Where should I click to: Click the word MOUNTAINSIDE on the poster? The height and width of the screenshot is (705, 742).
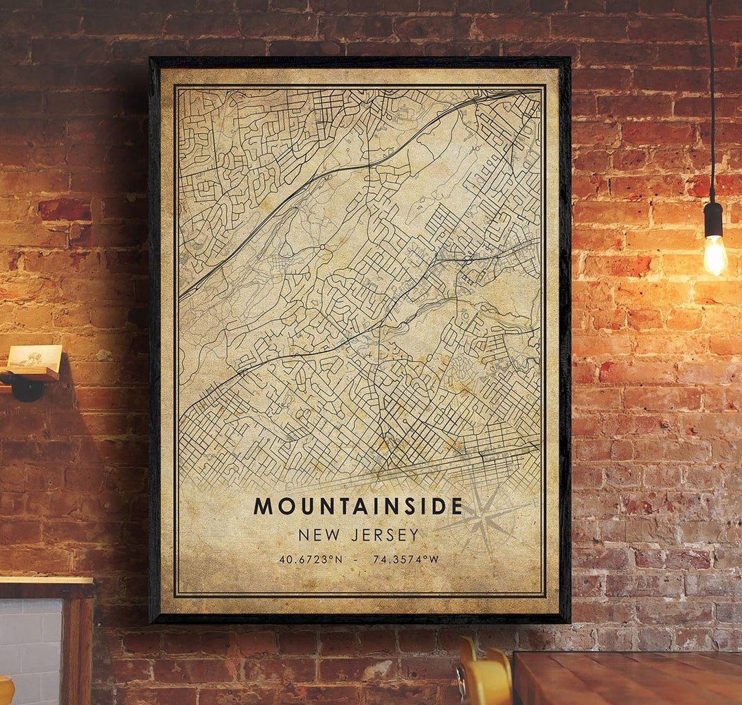(x=358, y=506)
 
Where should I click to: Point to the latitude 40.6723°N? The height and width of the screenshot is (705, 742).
(x=311, y=559)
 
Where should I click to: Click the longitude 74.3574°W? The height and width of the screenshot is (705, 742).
(x=405, y=559)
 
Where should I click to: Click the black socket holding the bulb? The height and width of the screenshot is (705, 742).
(x=713, y=219)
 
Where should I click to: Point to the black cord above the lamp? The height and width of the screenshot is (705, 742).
(x=710, y=103)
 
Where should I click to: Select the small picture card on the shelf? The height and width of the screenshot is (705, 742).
(x=34, y=357)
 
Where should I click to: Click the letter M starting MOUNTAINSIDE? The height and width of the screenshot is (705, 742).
(x=263, y=506)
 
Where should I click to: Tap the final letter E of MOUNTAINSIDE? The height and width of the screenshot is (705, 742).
(x=457, y=506)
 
